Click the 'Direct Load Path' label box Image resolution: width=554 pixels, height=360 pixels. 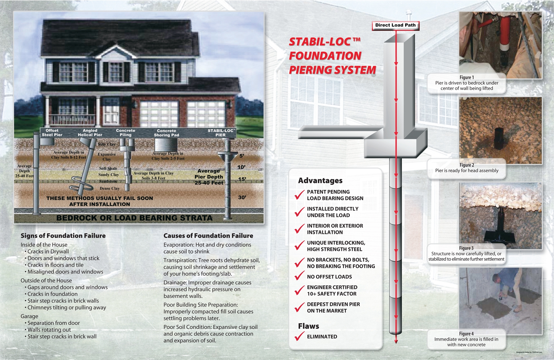pyautogui.click(x=395, y=25)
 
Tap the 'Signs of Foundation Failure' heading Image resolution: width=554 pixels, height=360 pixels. pyautogui.click(x=63, y=236)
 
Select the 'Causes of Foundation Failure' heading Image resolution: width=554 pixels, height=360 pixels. pyautogui.click(x=208, y=236)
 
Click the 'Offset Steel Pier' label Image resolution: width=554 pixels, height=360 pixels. pyautogui.click(x=52, y=133)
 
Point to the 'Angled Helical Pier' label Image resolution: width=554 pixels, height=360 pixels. pyautogui.click(x=90, y=133)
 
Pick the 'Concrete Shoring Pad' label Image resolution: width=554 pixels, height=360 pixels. pyautogui.click(x=166, y=133)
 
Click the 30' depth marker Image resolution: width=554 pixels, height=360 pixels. pyautogui.click(x=242, y=197)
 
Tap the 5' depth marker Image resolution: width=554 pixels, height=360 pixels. pyautogui.click(x=242, y=156)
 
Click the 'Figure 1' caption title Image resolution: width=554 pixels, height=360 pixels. pyautogui.click(x=467, y=77)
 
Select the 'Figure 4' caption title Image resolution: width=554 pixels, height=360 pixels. pyautogui.click(x=466, y=333)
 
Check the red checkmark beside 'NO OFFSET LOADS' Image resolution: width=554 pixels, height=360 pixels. pyautogui.click(x=299, y=277)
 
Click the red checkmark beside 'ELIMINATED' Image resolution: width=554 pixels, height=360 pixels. pyautogui.click(x=299, y=336)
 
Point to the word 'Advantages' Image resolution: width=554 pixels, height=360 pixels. pyautogui.click(x=320, y=180)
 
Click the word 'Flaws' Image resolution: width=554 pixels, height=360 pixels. pyautogui.click(x=309, y=326)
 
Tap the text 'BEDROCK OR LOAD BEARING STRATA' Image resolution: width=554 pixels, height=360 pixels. pyautogui.click(x=135, y=218)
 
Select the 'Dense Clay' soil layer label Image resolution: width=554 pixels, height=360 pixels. pyautogui.click(x=110, y=188)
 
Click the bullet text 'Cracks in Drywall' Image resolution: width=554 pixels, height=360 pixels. pyautogui.click(x=48, y=252)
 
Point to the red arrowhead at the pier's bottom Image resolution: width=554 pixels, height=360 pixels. pyautogui.click(x=396, y=341)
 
